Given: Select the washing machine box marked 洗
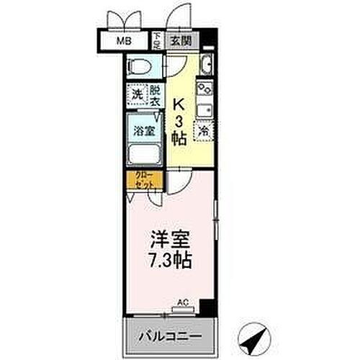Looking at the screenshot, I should pyautogui.click(x=136, y=95).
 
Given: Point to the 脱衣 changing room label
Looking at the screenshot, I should pyautogui.click(x=154, y=95).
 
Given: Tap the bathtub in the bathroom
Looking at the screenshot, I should pyautogui.click(x=145, y=154).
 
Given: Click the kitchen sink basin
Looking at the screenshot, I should pyautogui.click(x=204, y=110).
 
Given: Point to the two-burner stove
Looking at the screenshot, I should pyautogui.click(x=204, y=90).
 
